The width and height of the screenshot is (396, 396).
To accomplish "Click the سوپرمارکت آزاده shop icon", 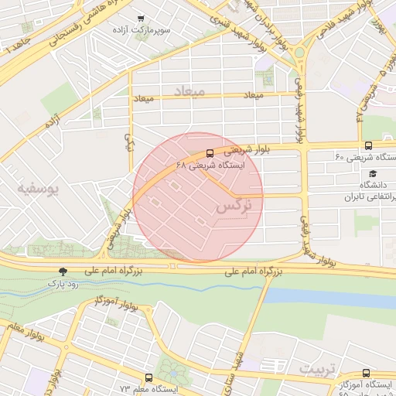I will pyautogui.click(x=140, y=19).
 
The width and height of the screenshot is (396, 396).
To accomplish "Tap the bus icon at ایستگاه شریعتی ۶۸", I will pyautogui.click(x=211, y=153).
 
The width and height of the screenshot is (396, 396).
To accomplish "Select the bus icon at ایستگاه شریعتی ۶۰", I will pyautogui.click(x=368, y=145).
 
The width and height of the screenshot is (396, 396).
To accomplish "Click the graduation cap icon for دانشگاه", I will pyautogui.click(x=374, y=174).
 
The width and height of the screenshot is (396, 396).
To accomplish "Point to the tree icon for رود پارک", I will pyautogui.click(x=63, y=271).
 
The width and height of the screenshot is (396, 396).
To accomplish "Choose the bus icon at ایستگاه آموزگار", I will pyautogui.click(x=366, y=373).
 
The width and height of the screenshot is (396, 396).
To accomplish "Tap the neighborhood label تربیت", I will pyautogui.click(x=319, y=365).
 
